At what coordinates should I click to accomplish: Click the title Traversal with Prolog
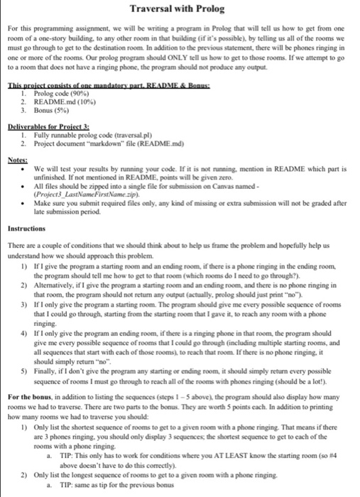tap(180, 11)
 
